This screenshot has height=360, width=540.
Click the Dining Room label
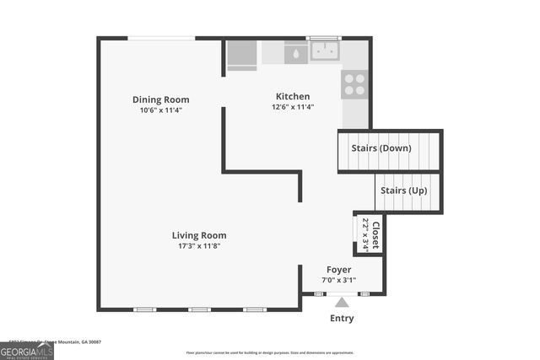tap(160, 99)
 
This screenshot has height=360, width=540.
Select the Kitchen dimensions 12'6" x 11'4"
tap(293, 107)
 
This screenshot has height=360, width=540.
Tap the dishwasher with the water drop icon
tap(295, 52)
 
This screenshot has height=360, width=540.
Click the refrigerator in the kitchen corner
tap(242, 54)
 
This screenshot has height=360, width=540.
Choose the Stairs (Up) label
tap(403, 191)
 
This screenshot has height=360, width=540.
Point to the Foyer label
tap(339, 270)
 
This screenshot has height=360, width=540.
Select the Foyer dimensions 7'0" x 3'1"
tap(339, 280)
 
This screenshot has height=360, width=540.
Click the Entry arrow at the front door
tap(341, 301)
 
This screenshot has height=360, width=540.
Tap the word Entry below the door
tap(341, 318)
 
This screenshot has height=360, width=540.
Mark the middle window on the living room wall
tap(199, 309)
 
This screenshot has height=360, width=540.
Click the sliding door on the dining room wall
tap(161, 38)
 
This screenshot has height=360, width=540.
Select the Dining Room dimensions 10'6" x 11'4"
tap(160, 110)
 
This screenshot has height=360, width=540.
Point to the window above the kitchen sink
tap(319, 38)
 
